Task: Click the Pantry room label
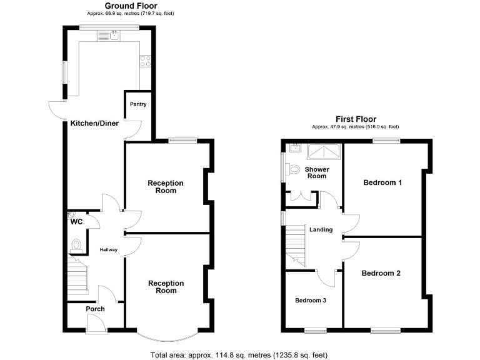tap(138, 104)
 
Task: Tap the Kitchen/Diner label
tap(91, 124)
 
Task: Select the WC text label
tap(77, 222)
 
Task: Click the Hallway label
tap(108, 250)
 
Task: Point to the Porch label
tap(95, 309)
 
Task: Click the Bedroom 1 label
tap(382, 182)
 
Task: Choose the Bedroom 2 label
tap(381, 273)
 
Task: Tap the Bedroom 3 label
tap(311, 300)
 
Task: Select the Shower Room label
tap(316, 172)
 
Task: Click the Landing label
tap(321, 230)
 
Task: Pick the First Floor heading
tap(355, 119)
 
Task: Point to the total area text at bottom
tap(239, 355)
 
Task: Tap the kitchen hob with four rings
tap(145, 61)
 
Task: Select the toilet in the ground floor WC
tap(77, 245)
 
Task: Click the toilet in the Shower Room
tap(293, 167)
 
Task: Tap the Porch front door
tap(95, 322)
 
